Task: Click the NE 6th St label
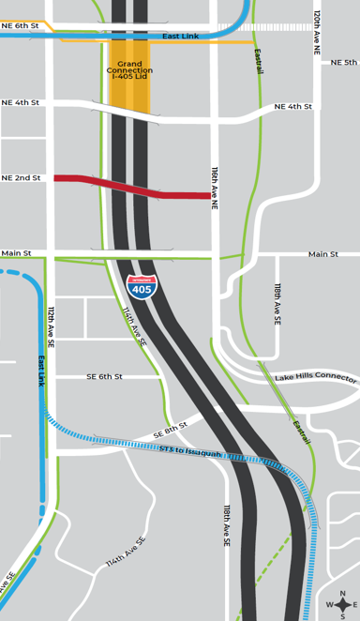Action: [x=21, y=26]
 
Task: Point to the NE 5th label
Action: [x=343, y=63]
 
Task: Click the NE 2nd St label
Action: [x=21, y=177]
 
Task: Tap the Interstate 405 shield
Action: [x=142, y=286]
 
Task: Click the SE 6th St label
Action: [x=105, y=376]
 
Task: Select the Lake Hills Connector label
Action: [x=315, y=378]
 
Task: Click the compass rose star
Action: [x=342, y=605]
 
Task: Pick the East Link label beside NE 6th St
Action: [x=180, y=36]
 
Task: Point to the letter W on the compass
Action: [x=329, y=605]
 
